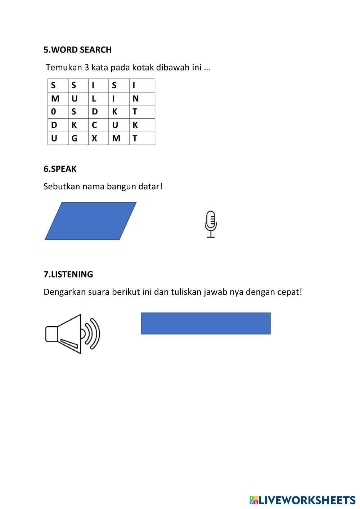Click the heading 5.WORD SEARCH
(77, 50)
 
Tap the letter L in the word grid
(94, 99)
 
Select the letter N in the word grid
(135, 99)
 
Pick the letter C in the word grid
(94, 125)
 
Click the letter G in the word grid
(75, 138)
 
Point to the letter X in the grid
(94, 138)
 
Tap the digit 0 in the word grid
(54, 112)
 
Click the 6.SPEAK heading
(60, 169)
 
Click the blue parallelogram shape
(91, 221)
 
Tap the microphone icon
(211, 224)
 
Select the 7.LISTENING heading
(68, 274)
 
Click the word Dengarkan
(64, 292)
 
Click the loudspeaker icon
(72, 334)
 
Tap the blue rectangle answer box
(206, 323)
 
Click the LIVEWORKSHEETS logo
(302, 500)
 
